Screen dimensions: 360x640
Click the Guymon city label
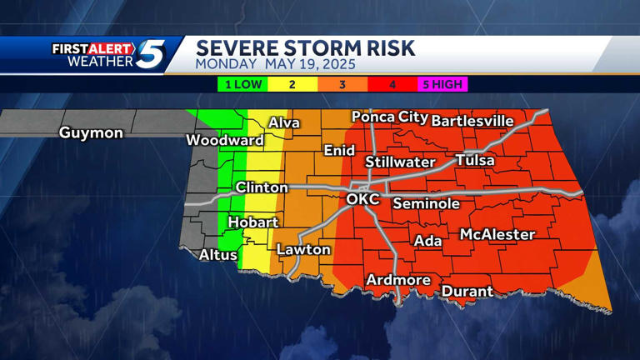(x=91, y=133)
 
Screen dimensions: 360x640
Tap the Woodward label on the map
(x=224, y=140)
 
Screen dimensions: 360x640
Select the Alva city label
(x=283, y=123)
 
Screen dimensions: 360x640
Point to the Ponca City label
(x=389, y=117)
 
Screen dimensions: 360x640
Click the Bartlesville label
(x=472, y=121)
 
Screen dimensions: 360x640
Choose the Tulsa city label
(x=474, y=160)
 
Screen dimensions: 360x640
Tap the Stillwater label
(x=400, y=162)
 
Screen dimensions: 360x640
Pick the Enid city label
(x=339, y=151)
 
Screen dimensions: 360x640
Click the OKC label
(x=362, y=199)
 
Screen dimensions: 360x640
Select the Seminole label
(x=426, y=203)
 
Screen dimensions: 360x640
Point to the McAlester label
(x=497, y=235)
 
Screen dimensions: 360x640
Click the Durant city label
(x=467, y=292)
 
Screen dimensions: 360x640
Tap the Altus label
(x=217, y=255)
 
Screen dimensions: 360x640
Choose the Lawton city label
(x=303, y=249)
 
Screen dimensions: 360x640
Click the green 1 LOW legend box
(x=242, y=84)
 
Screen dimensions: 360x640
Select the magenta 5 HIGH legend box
(x=442, y=84)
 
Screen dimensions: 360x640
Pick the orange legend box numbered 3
(x=342, y=84)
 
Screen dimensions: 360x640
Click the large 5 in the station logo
(x=151, y=55)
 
